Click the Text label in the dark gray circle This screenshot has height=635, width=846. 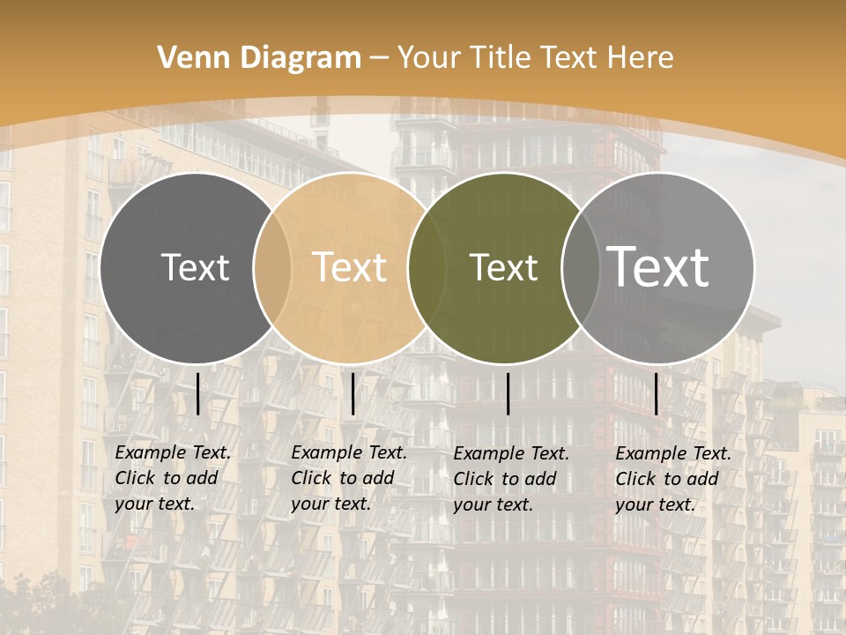click(x=195, y=267)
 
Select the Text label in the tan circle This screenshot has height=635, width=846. click(x=350, y=267)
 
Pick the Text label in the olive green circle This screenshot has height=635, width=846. click(x=503, y=267)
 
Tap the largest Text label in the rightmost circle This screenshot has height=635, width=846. click(x=658, y=267)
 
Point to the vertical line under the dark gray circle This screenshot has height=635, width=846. click(x=198, y=393)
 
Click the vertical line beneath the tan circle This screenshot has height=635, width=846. click(x=353, y=393)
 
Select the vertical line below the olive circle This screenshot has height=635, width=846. click(x=508, y=393)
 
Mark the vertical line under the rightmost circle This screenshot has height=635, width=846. click(x=657, y=393)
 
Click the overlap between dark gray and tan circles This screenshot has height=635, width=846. click(x=272, y=267)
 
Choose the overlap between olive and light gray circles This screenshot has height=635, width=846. click(x=577, y=267)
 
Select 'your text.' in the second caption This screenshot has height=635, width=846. click(x=330, y=504)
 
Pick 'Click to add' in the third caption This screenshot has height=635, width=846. click(x=505, y=479)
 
